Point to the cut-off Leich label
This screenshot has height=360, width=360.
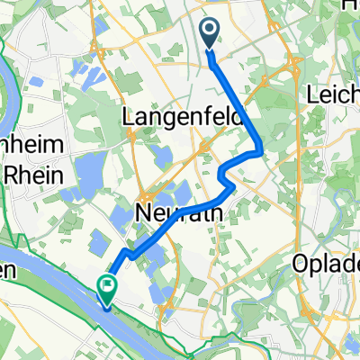(332, 94)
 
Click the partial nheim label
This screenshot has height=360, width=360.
(29, 148)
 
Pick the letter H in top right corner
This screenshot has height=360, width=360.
(350, 6)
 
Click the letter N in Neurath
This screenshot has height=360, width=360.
(144, 213)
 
